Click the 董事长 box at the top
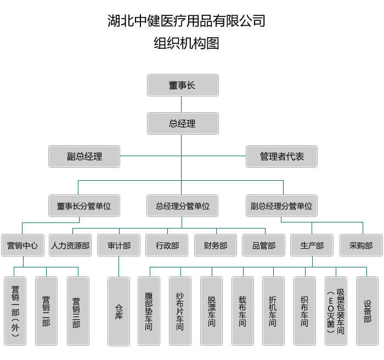[x=182, y=85]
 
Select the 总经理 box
[x=182, y=124]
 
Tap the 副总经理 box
[x=84, y=156]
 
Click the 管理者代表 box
[x=282, y=156]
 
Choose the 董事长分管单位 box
[x=84, y=206]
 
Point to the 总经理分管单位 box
[x=182, y=206]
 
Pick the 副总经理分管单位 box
[x=281, y=206]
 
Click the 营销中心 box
[x=22, y=245]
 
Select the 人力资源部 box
[x=70, y=245]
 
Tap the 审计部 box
[x=118, y=245]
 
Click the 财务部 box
[x=215, y=245]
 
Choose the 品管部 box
[x=264, y=245]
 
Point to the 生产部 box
[x=312, y=245]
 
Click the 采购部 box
[x=360, y=245]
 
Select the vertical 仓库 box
[x=118, y=311]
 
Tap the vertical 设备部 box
[x=367, y=311]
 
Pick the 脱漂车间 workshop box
[x=211, y=311]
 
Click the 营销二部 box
[x=46, y=311]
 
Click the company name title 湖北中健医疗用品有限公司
[x=187, y=21]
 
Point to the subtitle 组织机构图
[x=187, y=43]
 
